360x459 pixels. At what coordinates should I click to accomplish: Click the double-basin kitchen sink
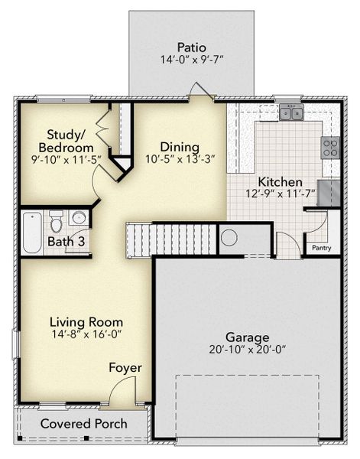click(x=290, y=114)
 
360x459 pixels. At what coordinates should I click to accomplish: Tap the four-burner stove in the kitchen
click(x=330, y=147)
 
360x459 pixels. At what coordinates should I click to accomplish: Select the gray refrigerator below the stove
click(x=329, y=191)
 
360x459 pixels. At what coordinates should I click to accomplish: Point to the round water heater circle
click(x=229, y=237)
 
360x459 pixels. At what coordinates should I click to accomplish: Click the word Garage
click(x=247, y=337)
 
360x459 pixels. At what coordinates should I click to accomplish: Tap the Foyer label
click(x=125, y=368)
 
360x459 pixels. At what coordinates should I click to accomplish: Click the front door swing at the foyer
click(x=118, y=394)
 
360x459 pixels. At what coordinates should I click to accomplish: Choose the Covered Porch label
click(x=79, y=424)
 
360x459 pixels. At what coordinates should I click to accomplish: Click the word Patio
click(x=192, y=47)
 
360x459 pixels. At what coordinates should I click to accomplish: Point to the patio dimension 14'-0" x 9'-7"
click(x=192, y=60)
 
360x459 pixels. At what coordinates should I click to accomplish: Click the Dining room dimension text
click(x=180, y=160)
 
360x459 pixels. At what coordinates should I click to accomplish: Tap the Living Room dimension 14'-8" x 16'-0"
click(x=86, y=334)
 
